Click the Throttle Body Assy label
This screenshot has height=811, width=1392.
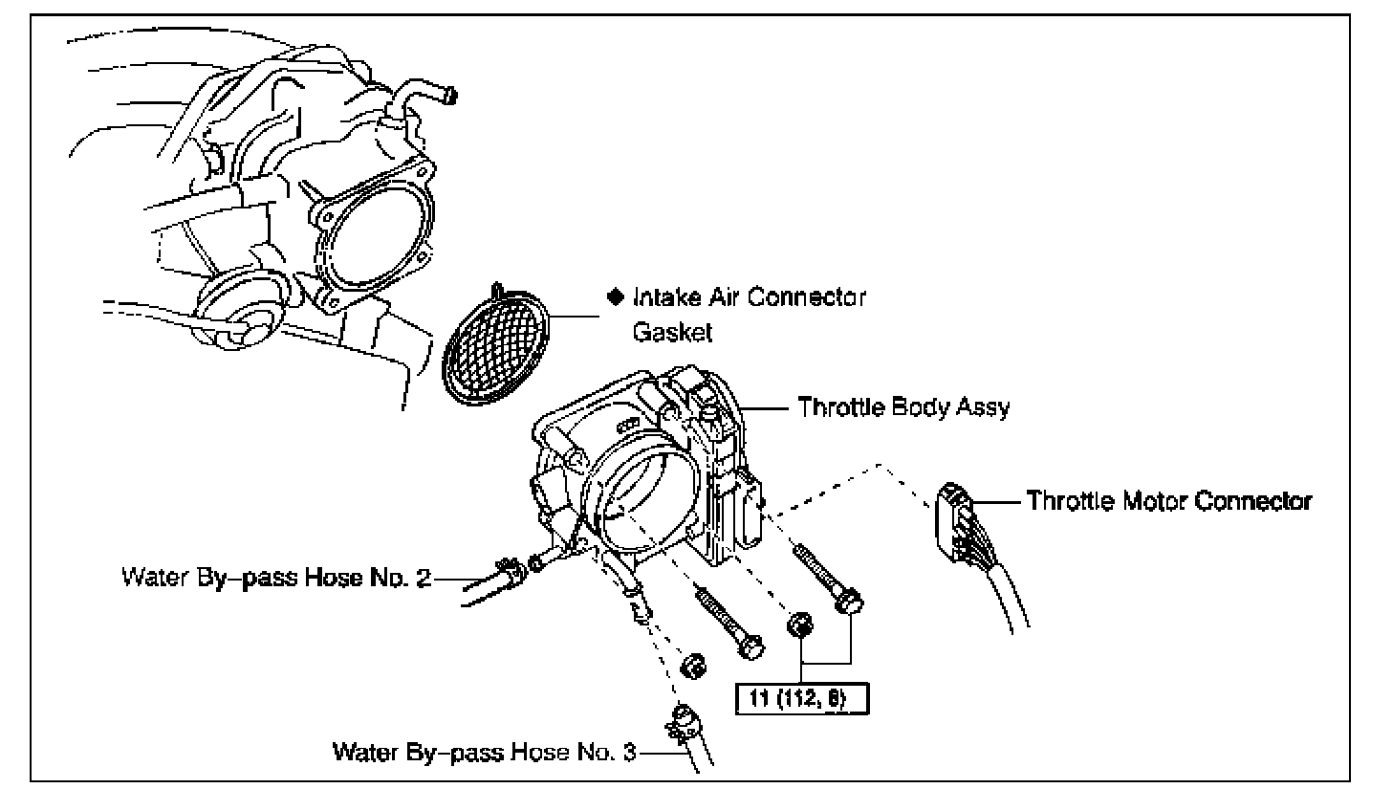point(903,407)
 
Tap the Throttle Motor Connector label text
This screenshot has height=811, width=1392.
point(1168,500)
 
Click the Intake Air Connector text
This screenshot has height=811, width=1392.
point(750,297)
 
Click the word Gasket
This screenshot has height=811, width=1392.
point(666,332)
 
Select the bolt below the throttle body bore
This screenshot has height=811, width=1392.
point(727,623)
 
